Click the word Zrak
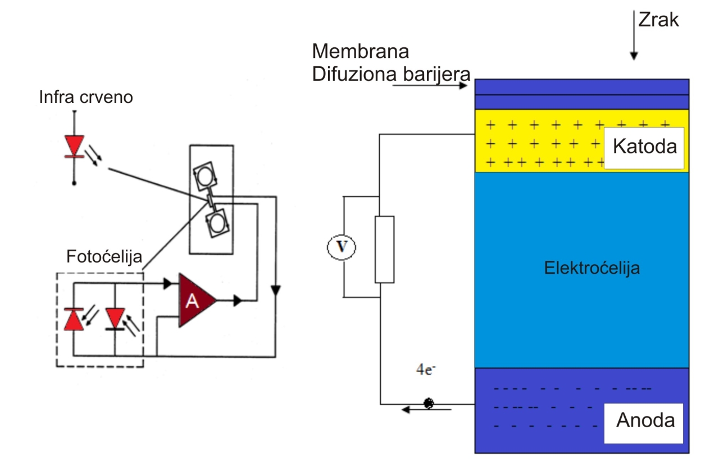(x=658, y=20)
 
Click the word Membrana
(x=360, y=52)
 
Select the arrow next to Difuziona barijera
(x=430, y=85)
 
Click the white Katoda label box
(x=643, y=147)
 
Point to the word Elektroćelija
(x=592, y=268)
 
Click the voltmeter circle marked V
(x=342, y=247)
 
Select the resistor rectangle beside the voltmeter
(x=384, y=248)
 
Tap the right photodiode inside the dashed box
(x=115, y=318)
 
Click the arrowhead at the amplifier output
(x=238, y=301)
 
